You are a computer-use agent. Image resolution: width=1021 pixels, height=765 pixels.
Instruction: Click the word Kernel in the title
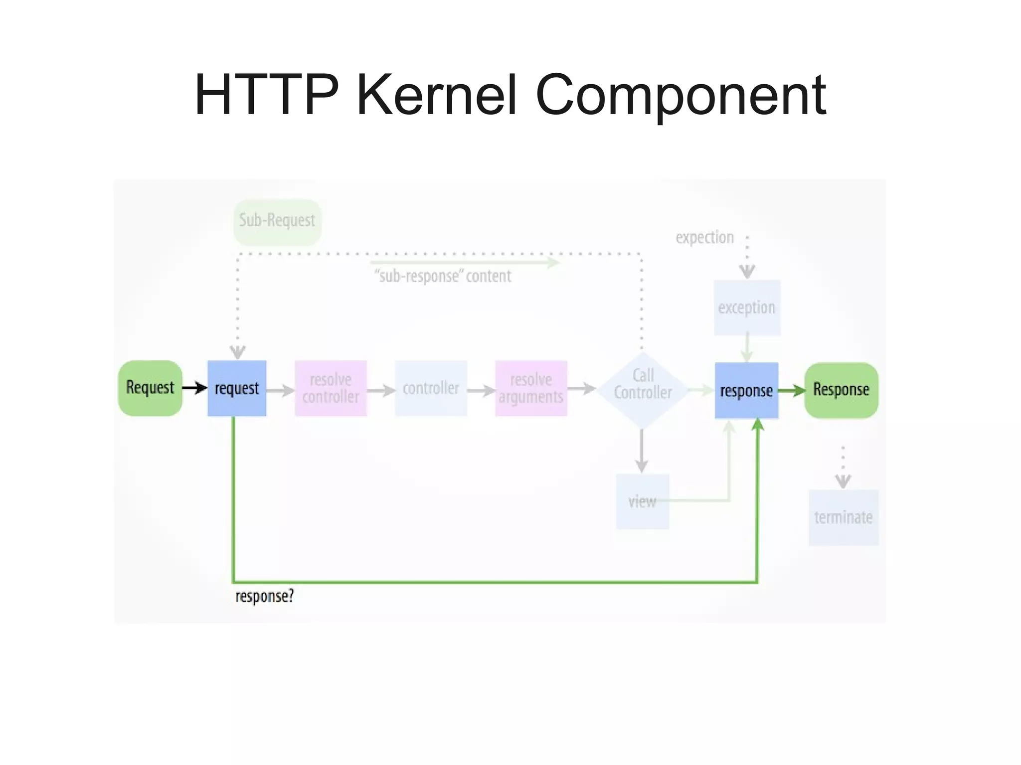coord(437,95)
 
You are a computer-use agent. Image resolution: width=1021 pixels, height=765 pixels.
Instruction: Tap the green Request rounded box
coord(150,388)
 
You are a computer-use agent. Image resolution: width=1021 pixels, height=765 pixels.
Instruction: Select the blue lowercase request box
coord(237,388)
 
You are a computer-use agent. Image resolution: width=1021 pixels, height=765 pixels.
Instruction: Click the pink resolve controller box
coord(331,388)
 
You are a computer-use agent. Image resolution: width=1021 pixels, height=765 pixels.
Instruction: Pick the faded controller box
coord(431,388)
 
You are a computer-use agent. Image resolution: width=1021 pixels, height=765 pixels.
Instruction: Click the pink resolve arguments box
coord(531,388)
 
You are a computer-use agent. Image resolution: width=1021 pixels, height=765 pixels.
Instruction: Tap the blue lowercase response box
coord(746,391)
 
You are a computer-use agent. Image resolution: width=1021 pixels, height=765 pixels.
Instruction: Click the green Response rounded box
coord(841,390)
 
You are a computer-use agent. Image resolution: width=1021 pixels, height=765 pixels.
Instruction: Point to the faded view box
coord(642,501)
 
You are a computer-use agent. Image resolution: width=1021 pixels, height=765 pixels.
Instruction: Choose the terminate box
coord(843,517)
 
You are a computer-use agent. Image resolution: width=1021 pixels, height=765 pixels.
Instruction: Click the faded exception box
coord(746,307)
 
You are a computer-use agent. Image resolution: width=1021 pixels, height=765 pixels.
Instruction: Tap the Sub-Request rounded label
coord(277,221)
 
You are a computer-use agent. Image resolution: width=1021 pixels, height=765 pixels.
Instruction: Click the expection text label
coord(704,237)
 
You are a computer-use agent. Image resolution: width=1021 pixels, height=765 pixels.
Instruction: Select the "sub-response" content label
coord(443,276)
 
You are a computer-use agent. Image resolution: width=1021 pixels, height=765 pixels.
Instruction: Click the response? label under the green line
coord(264,596)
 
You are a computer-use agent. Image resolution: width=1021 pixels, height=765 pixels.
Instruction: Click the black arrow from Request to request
coord(195,388)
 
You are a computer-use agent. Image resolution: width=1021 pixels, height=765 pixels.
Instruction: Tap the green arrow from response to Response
coord(791,390)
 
